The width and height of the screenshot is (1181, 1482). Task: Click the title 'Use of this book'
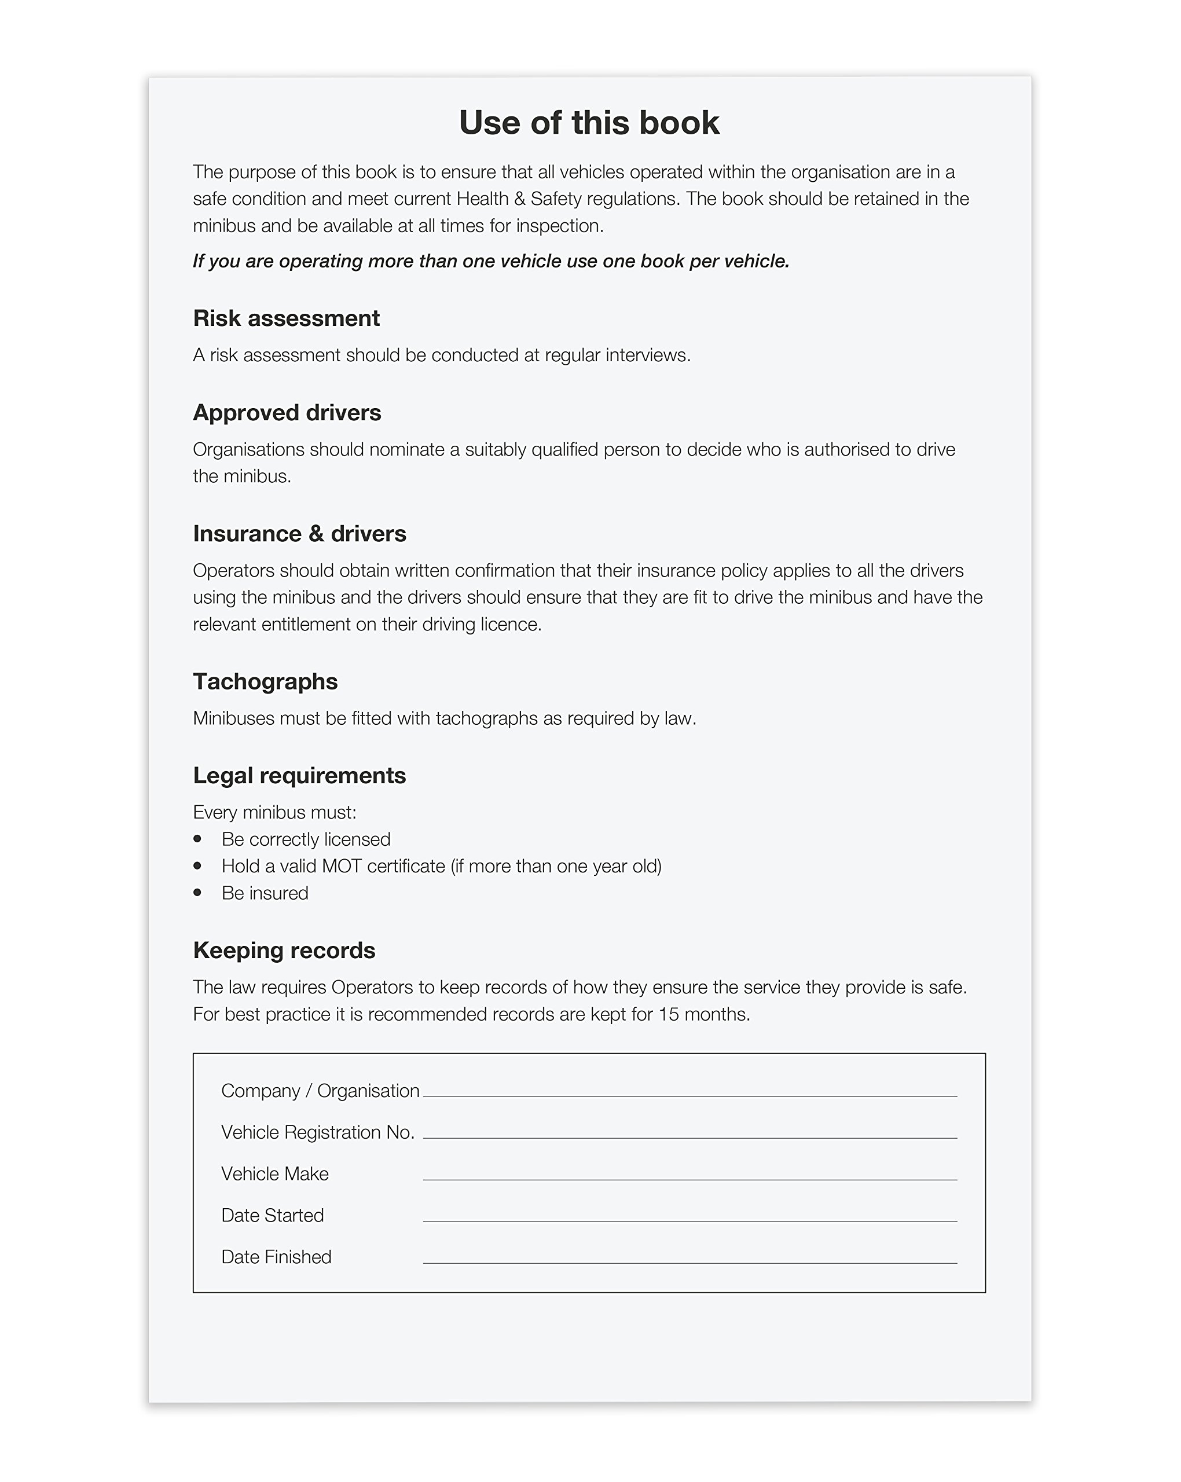coord(589,123)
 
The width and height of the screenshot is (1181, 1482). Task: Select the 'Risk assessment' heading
coord(286,318)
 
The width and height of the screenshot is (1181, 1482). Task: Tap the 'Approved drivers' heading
coord(287,412)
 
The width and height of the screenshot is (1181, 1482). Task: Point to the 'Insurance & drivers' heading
coord(299,533)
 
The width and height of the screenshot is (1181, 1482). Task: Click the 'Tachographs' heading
coord(265,681)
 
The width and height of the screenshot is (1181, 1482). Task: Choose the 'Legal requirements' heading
coord(299,775)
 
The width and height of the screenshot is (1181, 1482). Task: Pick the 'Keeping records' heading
coord(284,950)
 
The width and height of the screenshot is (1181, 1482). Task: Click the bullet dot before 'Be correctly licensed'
coord(198,839)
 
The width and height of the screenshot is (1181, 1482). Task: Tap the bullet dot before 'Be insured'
coord(198,892)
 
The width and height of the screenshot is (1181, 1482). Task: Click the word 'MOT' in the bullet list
coord(342,866)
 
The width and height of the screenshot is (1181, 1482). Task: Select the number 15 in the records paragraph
coord(668,1014)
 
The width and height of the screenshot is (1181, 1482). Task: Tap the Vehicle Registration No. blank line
coord(689,1136)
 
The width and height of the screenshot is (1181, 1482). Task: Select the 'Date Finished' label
coord(276,1257)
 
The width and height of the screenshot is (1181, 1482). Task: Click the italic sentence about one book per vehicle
coord(491,261)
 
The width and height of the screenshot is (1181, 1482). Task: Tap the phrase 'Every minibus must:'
coord(274,812)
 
